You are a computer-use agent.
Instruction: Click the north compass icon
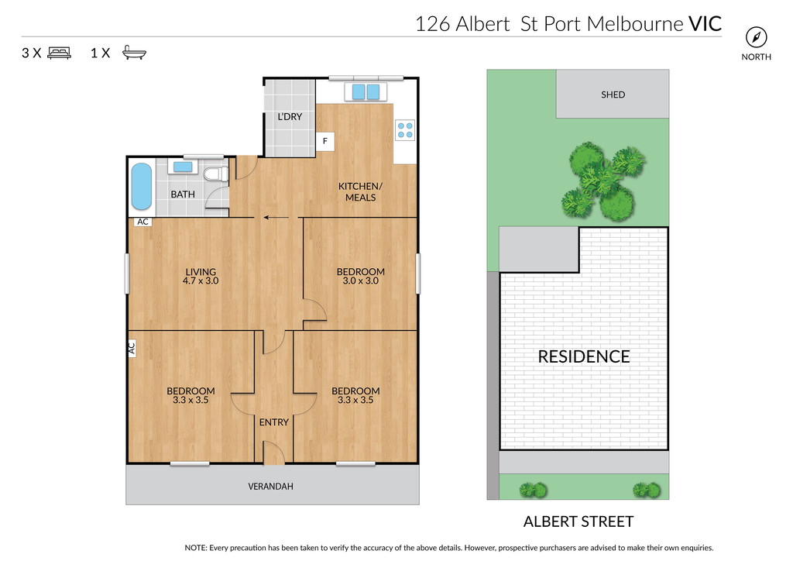point(756,37)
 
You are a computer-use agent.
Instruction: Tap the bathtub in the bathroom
point(142,186)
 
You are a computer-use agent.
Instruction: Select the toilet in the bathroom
point(216,174)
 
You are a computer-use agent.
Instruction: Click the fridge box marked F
point(325,141)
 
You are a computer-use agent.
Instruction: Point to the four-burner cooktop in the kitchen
point(405,130)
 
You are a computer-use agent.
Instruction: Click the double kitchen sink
point(366,91)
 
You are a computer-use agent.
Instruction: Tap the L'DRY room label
point(290,116)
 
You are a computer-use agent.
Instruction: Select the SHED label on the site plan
point(613,95)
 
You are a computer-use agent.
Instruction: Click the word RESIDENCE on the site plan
point(584,356)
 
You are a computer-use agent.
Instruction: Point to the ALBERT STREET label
point(578,521)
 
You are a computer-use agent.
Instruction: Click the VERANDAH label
point(270,487)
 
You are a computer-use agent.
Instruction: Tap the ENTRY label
point(274,422)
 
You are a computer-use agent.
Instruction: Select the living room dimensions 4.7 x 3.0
point(201,280)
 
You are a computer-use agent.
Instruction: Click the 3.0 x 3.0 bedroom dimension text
point(361,280)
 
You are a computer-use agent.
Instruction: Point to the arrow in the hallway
point(276,218)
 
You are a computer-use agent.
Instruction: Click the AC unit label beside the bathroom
point(143,222)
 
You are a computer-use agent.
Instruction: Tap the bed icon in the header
point(59,53)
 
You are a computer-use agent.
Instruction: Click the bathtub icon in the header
point(134,53)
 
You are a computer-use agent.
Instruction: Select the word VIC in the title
point(705,24)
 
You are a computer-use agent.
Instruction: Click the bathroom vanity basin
point(183,167)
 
